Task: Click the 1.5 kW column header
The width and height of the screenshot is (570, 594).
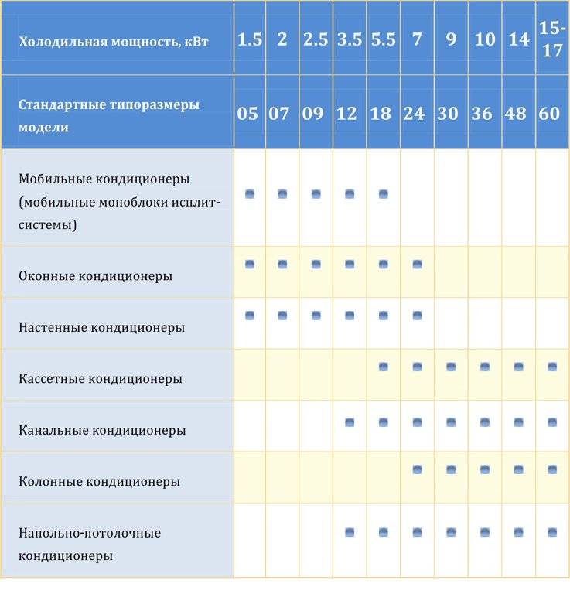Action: click(249, 39)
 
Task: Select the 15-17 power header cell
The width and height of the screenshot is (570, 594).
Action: click(552, 39)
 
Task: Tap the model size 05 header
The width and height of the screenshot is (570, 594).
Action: click(248, 114)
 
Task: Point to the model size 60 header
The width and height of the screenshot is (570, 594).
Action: click(549, 114)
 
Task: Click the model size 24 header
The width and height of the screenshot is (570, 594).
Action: click(415, 114)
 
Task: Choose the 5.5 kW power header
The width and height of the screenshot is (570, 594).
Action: click(383, 39)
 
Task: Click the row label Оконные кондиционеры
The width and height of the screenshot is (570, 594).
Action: click(95, 275)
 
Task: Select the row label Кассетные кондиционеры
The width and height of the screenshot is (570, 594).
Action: click(101, 379)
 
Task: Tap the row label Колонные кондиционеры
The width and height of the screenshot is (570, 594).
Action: click(99, 481)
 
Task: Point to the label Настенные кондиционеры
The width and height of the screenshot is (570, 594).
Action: click(101, 327)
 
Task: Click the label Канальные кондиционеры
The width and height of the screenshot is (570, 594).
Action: click(102, 430)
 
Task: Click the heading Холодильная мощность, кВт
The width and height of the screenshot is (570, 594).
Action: click(114, 41)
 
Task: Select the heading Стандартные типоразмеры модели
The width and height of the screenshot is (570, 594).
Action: click(108, 115)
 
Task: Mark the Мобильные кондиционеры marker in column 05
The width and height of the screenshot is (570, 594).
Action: click(250, 194)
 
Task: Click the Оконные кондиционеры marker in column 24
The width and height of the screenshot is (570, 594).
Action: click(418, 265)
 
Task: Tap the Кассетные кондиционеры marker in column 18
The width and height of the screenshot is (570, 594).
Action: click(384, 367)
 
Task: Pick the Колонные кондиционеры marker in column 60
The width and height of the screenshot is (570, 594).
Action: click(552, 469)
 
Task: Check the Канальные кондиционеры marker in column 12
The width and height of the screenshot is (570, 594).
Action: click(350, 422)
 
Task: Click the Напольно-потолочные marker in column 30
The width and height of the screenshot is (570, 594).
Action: click(451, 532)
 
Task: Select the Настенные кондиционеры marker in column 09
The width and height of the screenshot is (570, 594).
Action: click(316, 316)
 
